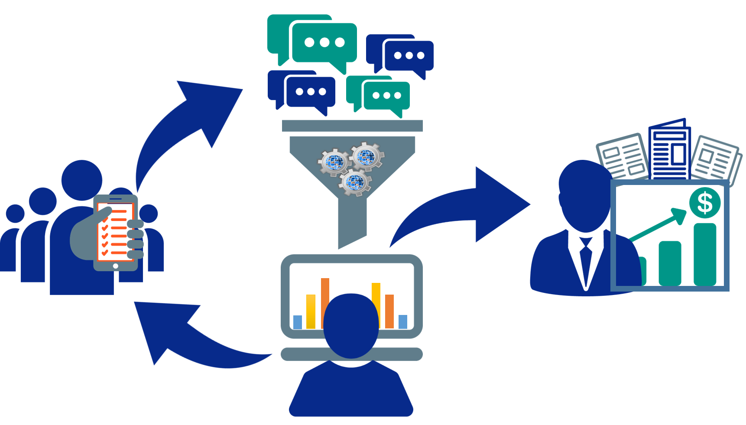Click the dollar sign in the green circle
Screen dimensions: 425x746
coord(705,203)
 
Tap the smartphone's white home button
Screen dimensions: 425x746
coord(116,266)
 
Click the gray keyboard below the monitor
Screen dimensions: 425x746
coord(303,354)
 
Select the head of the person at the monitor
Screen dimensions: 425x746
coord(351,325)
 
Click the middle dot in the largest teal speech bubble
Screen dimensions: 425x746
coord(324,42)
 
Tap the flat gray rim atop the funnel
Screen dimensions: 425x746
coord(352,126)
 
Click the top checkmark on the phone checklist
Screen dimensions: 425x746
coord(105,213)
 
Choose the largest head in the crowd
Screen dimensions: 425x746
coord(82,180)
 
